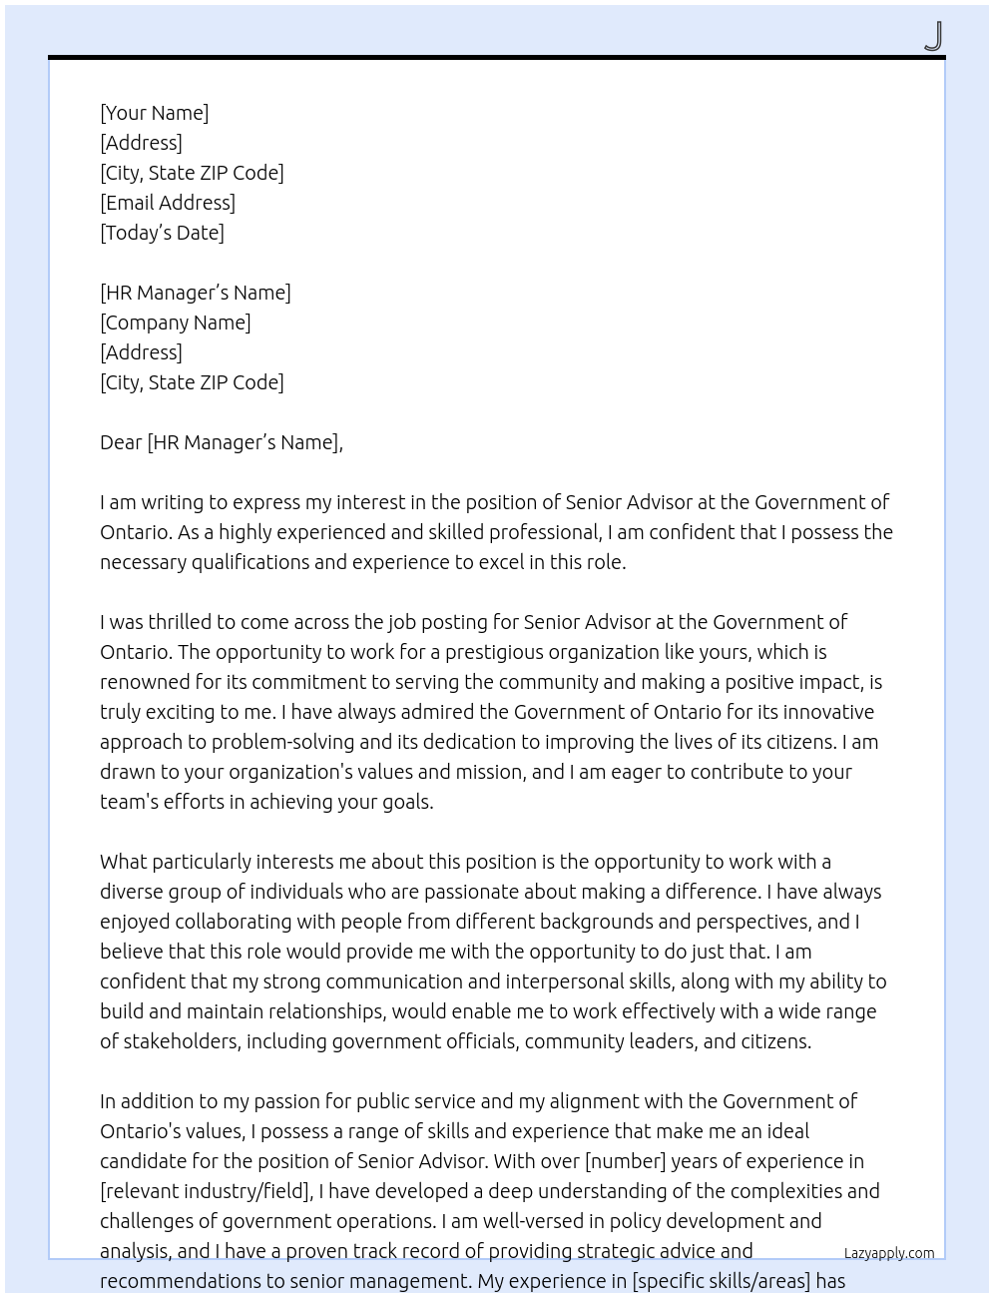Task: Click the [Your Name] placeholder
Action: tap(154, 113)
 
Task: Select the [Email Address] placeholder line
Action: tap(168, 203)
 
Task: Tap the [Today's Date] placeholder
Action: tap(162, 233)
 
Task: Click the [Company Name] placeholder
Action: tap(176, 323)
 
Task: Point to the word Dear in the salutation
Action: tap(121, 442)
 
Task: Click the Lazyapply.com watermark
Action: tap(889, 1253)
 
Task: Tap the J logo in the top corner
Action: tap(933, 36)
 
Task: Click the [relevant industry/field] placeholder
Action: tap(207, 1191)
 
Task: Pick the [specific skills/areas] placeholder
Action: tap(721, 1281)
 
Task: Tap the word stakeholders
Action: tap(181, 1041)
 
